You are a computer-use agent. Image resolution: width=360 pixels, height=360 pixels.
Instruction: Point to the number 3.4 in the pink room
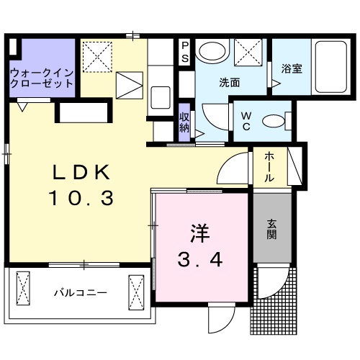point(199,257)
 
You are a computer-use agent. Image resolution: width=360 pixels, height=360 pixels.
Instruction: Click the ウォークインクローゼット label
point(42,78)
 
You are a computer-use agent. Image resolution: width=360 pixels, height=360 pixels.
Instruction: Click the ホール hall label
point(268,167)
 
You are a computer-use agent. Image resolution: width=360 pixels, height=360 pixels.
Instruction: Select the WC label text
point(245,120)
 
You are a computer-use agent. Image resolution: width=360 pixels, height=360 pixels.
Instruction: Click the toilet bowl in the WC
point(274,122)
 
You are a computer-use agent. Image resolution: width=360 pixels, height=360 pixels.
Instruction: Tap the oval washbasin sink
point(211,52)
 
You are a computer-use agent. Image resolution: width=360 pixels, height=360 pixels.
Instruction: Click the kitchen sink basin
point(160,96)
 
